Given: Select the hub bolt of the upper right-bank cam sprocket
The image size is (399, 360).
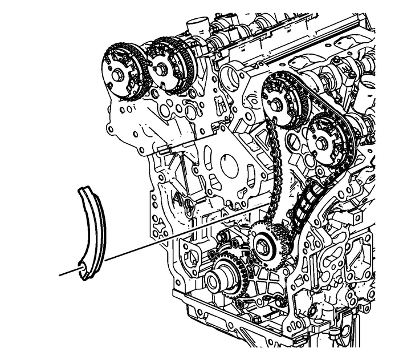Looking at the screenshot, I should pyautogui.click(x=278, y=104).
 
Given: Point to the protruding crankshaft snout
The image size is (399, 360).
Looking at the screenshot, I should pyautogui.click(x=217, y=281).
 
